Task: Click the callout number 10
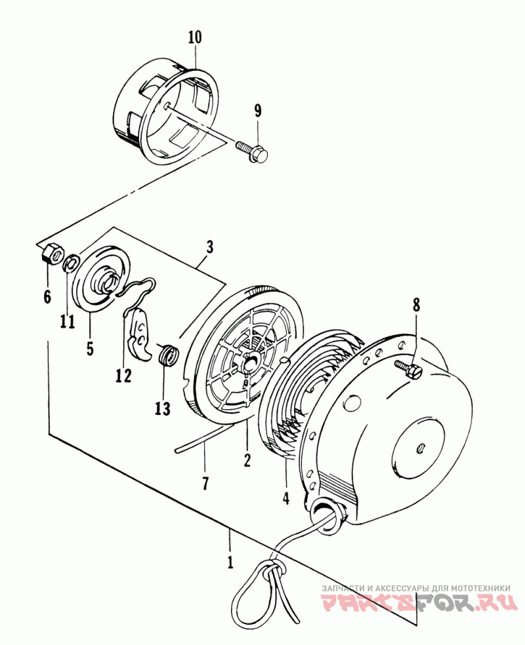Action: (x=195, y=37)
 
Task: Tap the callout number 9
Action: (x=258, y=111)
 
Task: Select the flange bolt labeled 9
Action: (x=251, y=151)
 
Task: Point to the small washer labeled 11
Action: (x=70, y=264)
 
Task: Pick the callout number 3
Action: (x=209, y=248)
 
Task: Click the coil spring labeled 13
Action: (x=169, y=354)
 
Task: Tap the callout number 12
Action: (x=123, y=375)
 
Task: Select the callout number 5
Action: (x=90, y=348)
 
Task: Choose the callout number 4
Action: (x=285, y=498)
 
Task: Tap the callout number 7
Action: (x=205, y=483)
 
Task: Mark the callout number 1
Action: (x=230, y=562)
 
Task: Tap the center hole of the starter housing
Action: (x=421, y=448)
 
